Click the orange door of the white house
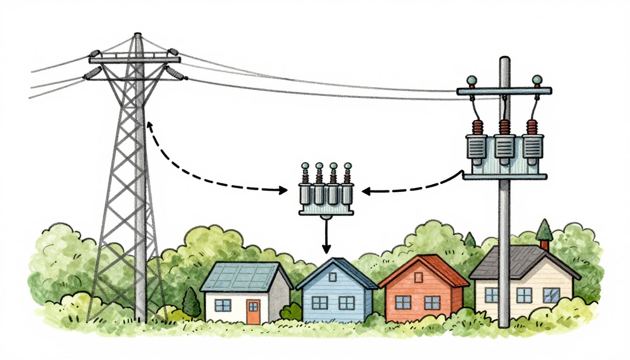coord(253,312)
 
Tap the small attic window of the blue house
coord(332,277)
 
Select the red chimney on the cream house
coord(544,245)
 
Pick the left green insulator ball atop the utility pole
coord(472,80)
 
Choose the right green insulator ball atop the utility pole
coord(537,80)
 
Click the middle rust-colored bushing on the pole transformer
coord(504,127)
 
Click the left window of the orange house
coord(403,302)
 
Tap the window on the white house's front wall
coord(223,305)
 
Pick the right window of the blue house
coord(347,303)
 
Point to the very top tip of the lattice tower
coord(137,34)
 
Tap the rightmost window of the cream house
coord(551,295)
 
